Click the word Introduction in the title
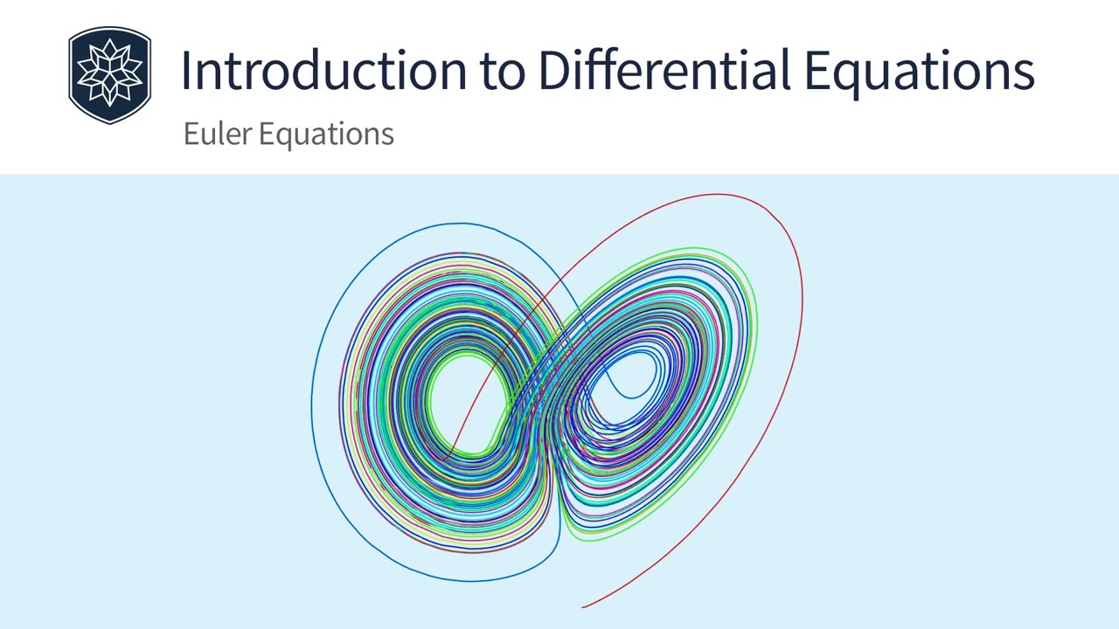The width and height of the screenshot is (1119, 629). pyautogui.click(x=324, y=70)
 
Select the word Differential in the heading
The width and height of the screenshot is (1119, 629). pyautogui.click(x=664, y=70)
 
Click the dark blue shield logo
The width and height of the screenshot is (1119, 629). pyautogui.click(x=110, y=74)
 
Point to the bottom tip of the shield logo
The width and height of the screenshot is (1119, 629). pyautogui.click(x=110, y=123)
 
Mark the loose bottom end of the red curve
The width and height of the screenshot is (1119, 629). pyautogui.click(x=583, y=605)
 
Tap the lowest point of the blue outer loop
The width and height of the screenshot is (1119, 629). pyautogui.click(x=472, y=581)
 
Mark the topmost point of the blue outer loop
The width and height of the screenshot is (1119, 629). pyautogui.click(x=459, y=223)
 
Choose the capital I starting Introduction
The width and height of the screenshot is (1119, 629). pyautogui.click(x=185, y=70)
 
